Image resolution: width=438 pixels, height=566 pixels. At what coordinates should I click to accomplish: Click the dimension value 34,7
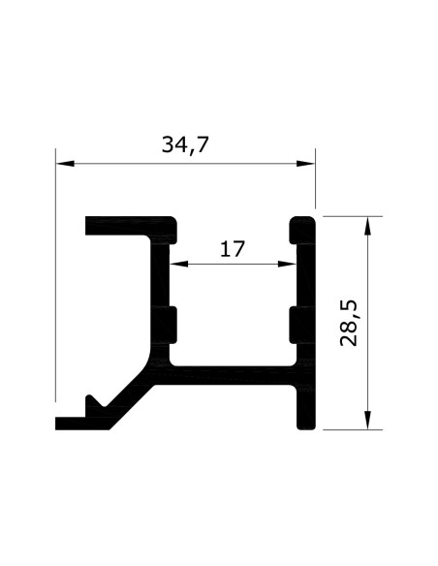[x=186, y=146]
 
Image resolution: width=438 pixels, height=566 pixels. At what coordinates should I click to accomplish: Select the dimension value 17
[x=232, y=249]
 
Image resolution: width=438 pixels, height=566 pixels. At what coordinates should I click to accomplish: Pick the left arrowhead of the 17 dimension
[x=178, y=263]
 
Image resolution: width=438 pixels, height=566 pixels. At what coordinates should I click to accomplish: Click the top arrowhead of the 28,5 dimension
[x=367, y=224]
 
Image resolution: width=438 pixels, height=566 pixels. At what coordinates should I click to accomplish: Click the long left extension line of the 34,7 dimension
[x=55, y=281]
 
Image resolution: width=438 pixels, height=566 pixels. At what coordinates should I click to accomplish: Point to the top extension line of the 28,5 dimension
[x=349, y=216]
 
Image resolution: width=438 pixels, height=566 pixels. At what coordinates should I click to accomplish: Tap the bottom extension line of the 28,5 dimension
[x=349, y=428]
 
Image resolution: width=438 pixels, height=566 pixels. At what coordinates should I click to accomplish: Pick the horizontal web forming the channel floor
[x=233, y=374]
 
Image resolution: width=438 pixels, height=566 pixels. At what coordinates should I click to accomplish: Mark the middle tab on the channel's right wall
[x=293, y=323]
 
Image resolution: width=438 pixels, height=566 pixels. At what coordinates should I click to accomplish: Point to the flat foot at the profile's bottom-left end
[x=74, y=422]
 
